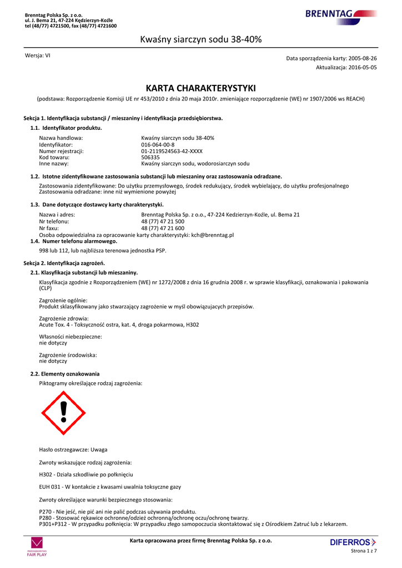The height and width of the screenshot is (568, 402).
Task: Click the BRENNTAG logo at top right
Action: pos(340,14)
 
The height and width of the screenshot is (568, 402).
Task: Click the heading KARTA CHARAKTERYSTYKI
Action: pos(200,88)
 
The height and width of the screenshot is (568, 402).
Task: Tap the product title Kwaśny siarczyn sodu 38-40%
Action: pos(200,39)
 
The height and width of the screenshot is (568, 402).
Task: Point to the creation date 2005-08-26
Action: pos(362,58)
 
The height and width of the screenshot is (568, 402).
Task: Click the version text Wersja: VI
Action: pos(38,55)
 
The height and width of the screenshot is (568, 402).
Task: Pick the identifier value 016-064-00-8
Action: pos(158,144)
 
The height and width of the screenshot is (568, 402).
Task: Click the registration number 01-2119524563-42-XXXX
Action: pos(172,151)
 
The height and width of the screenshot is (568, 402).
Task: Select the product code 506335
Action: pos(150,157)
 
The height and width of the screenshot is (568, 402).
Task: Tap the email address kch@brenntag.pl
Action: pos(212,235)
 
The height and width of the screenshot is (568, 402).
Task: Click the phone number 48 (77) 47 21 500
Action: pos(163,221)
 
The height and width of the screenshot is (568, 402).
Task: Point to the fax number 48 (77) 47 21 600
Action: pos(163,228)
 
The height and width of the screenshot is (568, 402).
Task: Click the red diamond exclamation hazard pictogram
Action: pos(64,413)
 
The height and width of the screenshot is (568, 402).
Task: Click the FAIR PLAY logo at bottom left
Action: pos(38,546)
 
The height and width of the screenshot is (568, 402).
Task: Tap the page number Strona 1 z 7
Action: pos(364,551)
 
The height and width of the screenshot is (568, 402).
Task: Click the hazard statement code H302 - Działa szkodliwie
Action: pos(86,474)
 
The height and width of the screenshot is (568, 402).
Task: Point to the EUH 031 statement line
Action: pos(110,487)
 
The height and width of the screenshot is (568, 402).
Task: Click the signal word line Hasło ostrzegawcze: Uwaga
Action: pos(73,449)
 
